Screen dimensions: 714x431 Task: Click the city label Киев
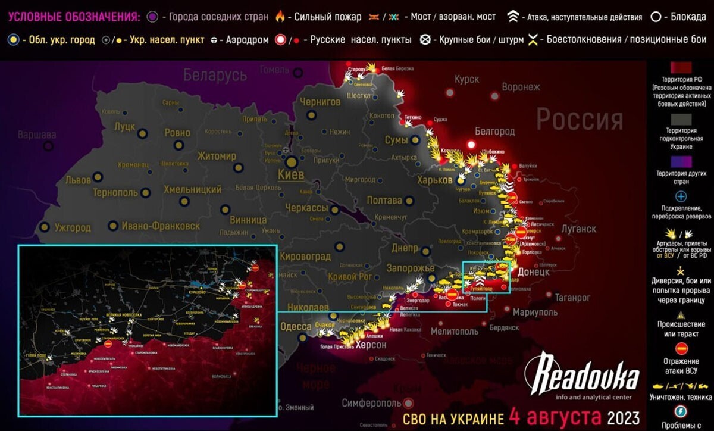pyautogui.click(x=292, y=174)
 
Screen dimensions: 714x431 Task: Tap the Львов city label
pyautogui.click(x=77, y=179)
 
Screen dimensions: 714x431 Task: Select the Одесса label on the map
pyautogui.click(x=296, y=327)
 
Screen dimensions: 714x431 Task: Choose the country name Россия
pyautogui.click(x=580, y=120)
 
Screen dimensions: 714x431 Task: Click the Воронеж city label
pyautogui.click(x=521, y=87)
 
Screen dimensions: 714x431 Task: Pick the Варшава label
pyautogui.click(x=37, y=134)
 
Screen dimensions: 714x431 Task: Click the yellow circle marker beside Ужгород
pyautogui.click(x=45, y=227)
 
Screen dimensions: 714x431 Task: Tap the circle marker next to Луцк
pyautogui.click(x=142, y=133)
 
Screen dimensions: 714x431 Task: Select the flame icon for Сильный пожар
pyautogui.click(x=279, y=17)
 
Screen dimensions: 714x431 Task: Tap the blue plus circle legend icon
pyautogui.click(x=682, y=196)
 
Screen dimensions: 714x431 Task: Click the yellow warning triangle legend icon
pyautogui.click(x=682, y=314)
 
